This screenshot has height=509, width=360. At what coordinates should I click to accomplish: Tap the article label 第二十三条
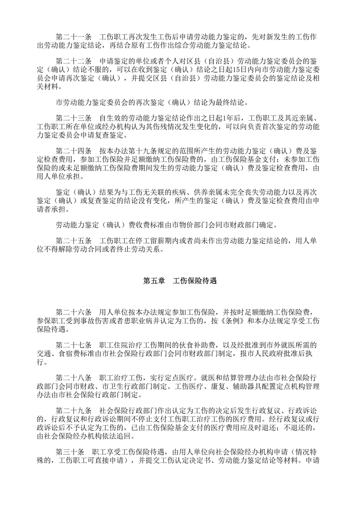(x=74, y=118)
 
